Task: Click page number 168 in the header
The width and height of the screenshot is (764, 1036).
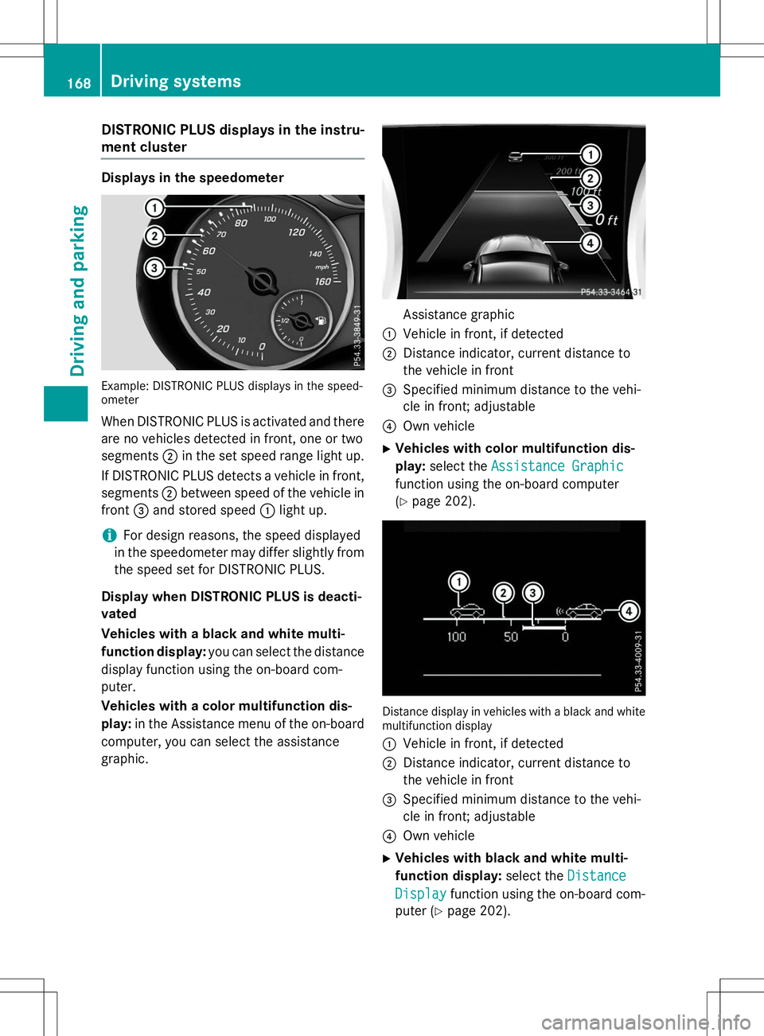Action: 79,83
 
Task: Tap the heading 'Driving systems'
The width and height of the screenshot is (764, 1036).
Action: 176,81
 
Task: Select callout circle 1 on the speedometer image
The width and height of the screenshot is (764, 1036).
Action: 154,208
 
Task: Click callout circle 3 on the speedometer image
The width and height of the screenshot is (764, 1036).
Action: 154,268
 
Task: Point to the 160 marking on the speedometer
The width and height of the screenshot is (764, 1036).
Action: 322,282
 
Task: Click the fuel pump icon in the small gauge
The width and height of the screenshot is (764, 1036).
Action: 320,321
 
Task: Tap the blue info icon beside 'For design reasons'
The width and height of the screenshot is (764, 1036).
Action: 109,536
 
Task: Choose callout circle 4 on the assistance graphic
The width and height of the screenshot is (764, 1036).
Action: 590,243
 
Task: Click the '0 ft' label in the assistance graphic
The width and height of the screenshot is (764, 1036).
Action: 607,220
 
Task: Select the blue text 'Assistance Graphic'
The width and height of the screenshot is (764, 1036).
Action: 557,466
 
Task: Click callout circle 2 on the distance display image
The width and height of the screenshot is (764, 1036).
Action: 503,593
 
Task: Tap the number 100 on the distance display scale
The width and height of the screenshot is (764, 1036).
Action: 456,637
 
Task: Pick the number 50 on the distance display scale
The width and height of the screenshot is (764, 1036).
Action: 511,637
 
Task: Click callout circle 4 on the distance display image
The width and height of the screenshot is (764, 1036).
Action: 629,611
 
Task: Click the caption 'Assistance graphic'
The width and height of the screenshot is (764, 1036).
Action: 458,314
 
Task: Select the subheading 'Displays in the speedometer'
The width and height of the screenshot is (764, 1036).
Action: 193,177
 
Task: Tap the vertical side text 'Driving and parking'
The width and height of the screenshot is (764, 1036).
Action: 78,290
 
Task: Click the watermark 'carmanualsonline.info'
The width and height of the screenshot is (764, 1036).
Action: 645,1022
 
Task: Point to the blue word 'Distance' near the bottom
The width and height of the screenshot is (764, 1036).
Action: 596,876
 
